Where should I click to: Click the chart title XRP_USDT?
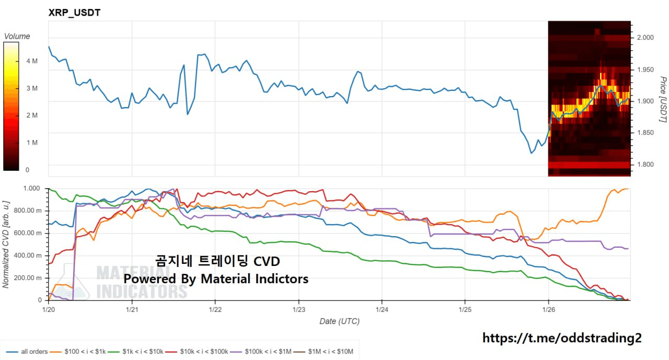click(x=74, y=13)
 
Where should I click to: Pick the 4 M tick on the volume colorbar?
click(x=31, y=61)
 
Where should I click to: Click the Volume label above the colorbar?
click(x=17, y=37)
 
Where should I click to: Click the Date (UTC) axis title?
click(x=339, y=321)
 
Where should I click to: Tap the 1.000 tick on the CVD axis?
click(x=32, y=189)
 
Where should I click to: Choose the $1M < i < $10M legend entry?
click(x=325, y=352)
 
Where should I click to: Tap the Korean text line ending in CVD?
click(x=217, y=261)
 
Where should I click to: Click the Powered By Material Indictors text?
click(x=216, y=278)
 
